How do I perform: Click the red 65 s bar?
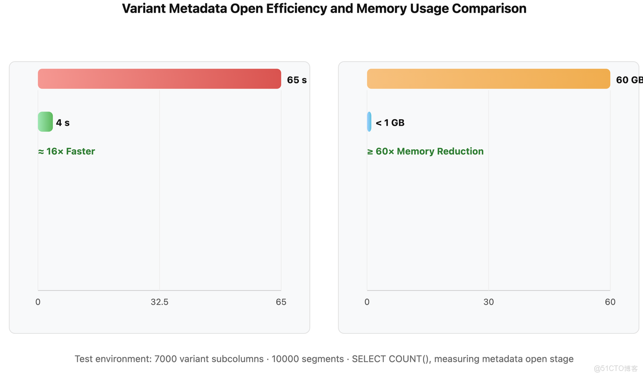(159, 79)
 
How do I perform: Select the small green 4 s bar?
(45, 122)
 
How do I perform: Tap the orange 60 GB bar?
(488, 79)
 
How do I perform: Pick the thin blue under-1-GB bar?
(369, 122)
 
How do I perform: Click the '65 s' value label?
(296, 80)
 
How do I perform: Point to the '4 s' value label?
(63, 123)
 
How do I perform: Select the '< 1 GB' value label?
(390, 123)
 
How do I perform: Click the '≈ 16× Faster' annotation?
(66, 151)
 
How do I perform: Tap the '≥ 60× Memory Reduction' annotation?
(425, 151)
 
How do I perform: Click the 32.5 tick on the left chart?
(159, 302)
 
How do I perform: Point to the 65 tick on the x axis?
(281, 302)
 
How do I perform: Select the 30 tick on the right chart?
(488, 302)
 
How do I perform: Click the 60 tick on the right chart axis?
(610, 302)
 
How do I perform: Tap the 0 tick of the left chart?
(38, 302)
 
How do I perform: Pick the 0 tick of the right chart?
(367, 302)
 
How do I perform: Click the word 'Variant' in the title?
(143, 9)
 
